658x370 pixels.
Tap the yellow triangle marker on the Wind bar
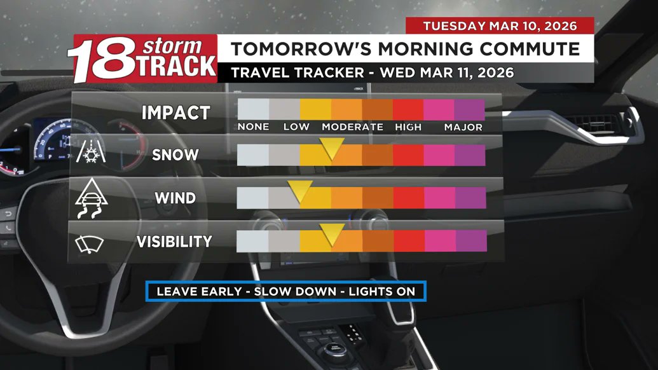tap(300, 191)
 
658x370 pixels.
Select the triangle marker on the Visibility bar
tap(331, 233)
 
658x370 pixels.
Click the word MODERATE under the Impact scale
tap(352, 127)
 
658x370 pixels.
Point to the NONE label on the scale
tap(253, 127)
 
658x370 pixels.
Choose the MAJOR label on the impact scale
tap(463, 127)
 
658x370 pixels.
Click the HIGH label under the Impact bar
tap(408, 127)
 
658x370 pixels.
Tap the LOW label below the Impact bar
tap(296, 127)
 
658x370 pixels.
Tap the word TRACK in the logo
tap(176, 66)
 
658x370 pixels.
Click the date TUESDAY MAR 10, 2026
tap(500, 26)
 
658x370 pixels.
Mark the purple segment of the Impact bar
tap(470, 109)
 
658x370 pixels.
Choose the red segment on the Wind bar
tap(408, 198)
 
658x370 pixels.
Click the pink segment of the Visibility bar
tap(439, 241)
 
